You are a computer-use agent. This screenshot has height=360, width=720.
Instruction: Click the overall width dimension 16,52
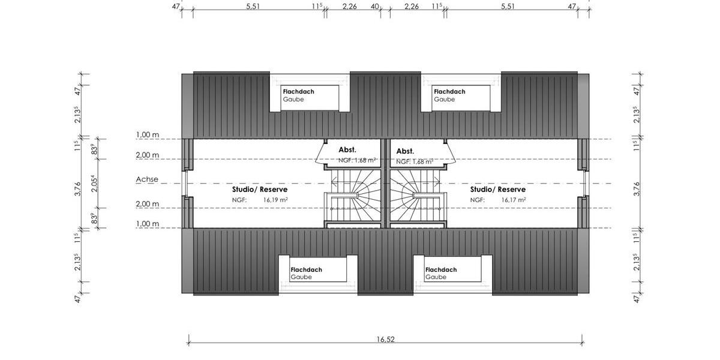[x=386, y=340]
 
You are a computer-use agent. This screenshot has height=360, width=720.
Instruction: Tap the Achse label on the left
[x=147, y=179]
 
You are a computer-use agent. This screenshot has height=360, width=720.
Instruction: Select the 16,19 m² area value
[x=275, y=200]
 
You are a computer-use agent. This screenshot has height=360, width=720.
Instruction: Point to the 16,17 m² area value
[x=514, y=200]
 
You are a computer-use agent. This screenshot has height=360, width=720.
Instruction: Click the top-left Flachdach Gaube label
[x=298, y=95]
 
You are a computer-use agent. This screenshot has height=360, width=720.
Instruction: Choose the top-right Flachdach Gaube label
[x=449, y=95]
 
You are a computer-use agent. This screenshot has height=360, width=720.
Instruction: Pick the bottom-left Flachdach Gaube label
[x=306, y=274]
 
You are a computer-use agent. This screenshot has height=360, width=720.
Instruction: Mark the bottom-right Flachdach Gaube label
[x=441, y=274]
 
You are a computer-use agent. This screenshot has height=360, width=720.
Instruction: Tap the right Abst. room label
[x=406, y=151]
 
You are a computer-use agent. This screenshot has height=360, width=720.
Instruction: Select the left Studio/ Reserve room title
[x=260, y=189]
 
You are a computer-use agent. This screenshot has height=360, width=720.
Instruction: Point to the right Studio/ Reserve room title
[x=497, y=189]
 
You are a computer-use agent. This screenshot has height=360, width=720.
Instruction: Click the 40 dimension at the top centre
[x=374, y=7]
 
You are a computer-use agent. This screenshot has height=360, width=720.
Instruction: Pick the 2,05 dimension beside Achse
[x=93, y=183]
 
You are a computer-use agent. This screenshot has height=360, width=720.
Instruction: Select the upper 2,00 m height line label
[x=148, y=155]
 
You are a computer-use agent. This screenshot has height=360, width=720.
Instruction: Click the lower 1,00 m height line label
[x=148, y=224]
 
